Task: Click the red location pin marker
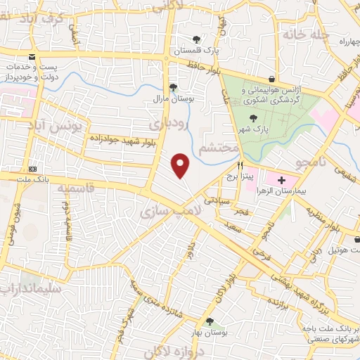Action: [181, 165]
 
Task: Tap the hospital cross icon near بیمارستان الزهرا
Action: [282, 181]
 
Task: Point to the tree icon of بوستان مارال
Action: [173, 88]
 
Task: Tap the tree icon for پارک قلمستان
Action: [198, 39]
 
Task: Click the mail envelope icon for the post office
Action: [31, 58]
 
